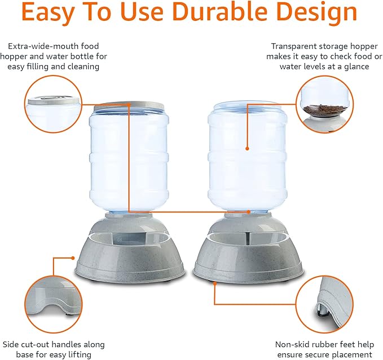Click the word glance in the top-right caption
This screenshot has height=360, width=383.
coord(353,66)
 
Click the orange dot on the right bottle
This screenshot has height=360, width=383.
coord(247,149)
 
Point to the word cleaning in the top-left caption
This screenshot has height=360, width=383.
coord(83,66)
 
